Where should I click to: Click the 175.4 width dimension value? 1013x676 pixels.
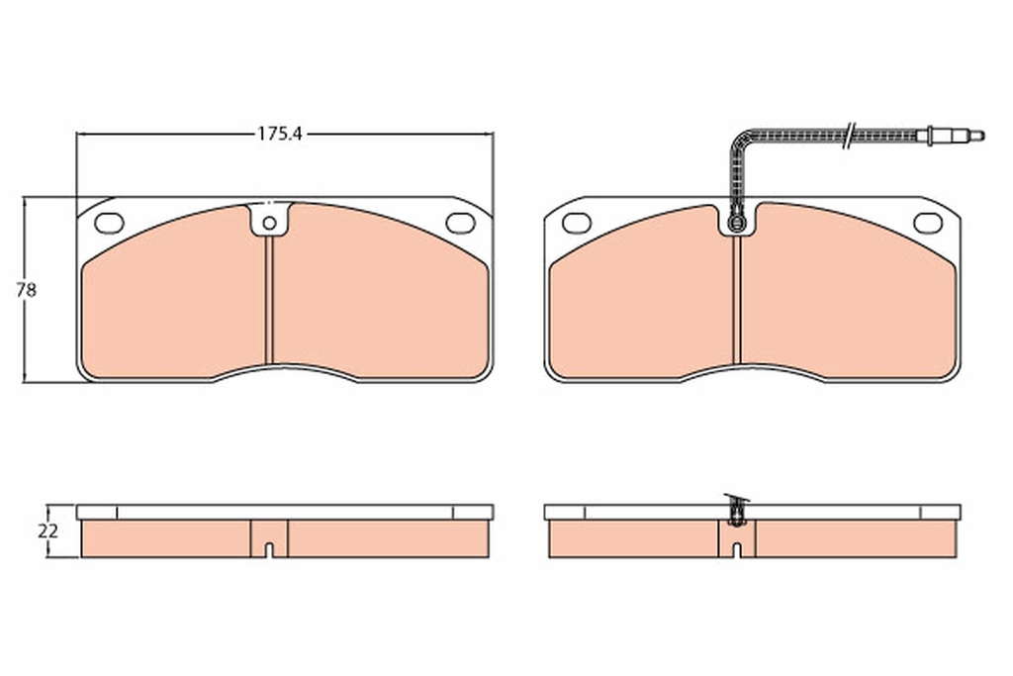pyautogui.click(x=280, y=134)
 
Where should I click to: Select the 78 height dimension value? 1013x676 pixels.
pyautogui.click(x=27, y=291)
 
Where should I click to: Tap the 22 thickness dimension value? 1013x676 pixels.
pyautogui.click(x=47, y=531)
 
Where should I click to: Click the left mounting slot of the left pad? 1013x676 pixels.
pyautogui.click(x=109, y=223)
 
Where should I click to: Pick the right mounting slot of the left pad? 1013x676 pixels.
pyautogui.click(x=461, y=223)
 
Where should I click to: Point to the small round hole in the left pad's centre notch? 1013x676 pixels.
pyautogui.click(x=269, y=224)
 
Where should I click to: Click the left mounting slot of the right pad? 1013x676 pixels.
pyautogui.click(x=577, y=223)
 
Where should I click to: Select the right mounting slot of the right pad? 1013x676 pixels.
pyautogui.click(x=928, y=223)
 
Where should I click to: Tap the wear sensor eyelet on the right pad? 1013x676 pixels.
pyautogui.click(x=736, y=224)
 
